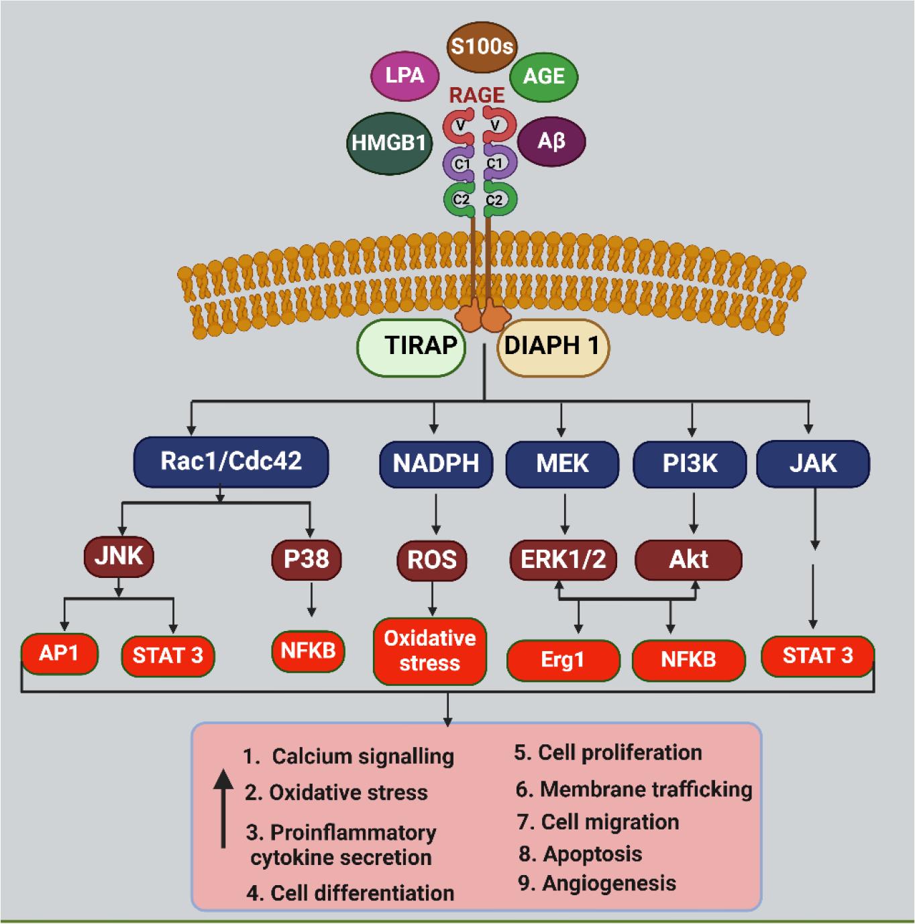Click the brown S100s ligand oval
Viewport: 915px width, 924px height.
[481, 47]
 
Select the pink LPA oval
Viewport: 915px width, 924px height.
[405, 75]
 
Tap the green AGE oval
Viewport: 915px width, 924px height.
[543, 76]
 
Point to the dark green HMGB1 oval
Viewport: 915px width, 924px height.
[389, 143]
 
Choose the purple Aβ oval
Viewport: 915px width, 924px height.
[551, 141]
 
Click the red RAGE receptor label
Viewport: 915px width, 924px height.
[477, 96]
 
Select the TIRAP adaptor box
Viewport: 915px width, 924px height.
[411, 346]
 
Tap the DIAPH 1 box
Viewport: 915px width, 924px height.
[552, 346]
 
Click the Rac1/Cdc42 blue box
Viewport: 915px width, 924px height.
[231, 461]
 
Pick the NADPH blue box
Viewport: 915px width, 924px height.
[435, 463]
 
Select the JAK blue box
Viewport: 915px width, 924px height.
[812, 463]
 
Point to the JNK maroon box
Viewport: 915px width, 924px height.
[119, 556]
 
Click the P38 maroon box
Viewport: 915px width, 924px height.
[307, 559]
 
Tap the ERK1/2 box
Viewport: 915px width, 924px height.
[563, 559]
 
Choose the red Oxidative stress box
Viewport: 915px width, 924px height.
[429, 650]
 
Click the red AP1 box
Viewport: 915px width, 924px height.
[59, 653]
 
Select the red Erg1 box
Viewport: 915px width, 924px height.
[562, 660]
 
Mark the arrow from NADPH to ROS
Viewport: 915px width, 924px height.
[436, 514]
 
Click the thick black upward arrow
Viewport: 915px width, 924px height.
[224, 808]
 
